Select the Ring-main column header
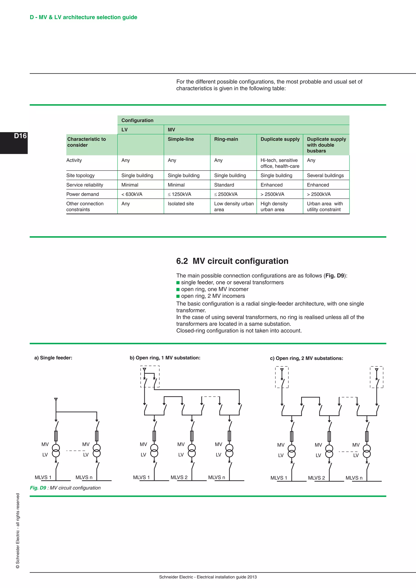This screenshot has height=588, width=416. tap(226, 139)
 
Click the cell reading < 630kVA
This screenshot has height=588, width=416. tap(132, 194)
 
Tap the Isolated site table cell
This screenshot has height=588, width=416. tap(181, 204)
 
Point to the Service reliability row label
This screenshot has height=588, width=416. tap(84, 185)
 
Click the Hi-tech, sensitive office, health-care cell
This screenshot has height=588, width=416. tap(279, 163)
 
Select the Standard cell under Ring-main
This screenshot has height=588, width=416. tap(224, 185)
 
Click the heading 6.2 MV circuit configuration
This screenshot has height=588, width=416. tap(232, 261)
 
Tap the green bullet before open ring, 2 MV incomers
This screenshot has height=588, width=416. tap(178, 296)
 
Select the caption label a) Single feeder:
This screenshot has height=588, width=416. tap(53, 358)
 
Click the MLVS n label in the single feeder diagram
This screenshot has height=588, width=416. tap(84, 477)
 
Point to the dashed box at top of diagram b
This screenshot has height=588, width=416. tap(150, 376)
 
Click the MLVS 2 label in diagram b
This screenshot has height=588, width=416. tap(179, 477)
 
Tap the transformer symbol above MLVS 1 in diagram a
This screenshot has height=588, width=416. tap(56, 451)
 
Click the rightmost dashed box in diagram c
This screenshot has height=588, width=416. tap(376, 377)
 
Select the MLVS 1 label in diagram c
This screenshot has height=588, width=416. tap(278, 478)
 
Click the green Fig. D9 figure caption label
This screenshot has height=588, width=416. tap(38, 488)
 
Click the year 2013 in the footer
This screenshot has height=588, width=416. tap(252, 577)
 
